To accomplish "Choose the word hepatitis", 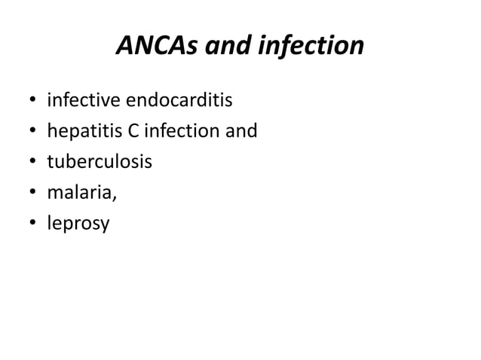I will coord(81,131).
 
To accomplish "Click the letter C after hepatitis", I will coord(126,131).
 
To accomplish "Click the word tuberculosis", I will coord(98,162).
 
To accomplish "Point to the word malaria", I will coord(81,193).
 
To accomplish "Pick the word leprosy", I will coord(78,224).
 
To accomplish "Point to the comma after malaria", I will coord(115,198).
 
